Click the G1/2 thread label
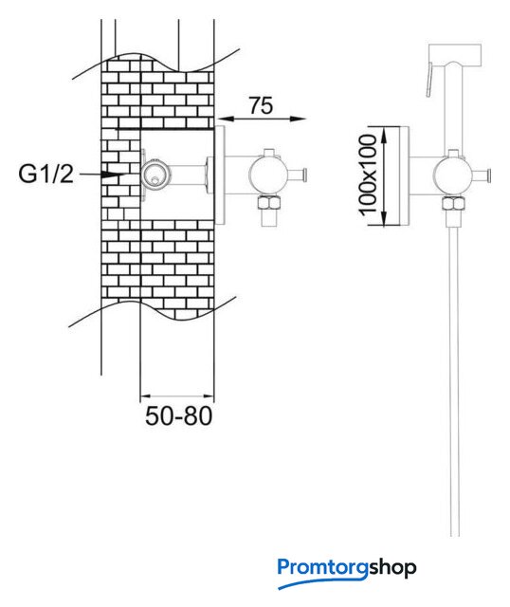(x=46, y=175)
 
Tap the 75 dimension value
(x=261, y=105)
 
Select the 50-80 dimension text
(x=179, y=416)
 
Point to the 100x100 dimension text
(x=368, y=175)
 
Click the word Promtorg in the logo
(x=322, y=567)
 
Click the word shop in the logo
(x=392, y=568)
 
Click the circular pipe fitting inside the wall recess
(x=155, y=175)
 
